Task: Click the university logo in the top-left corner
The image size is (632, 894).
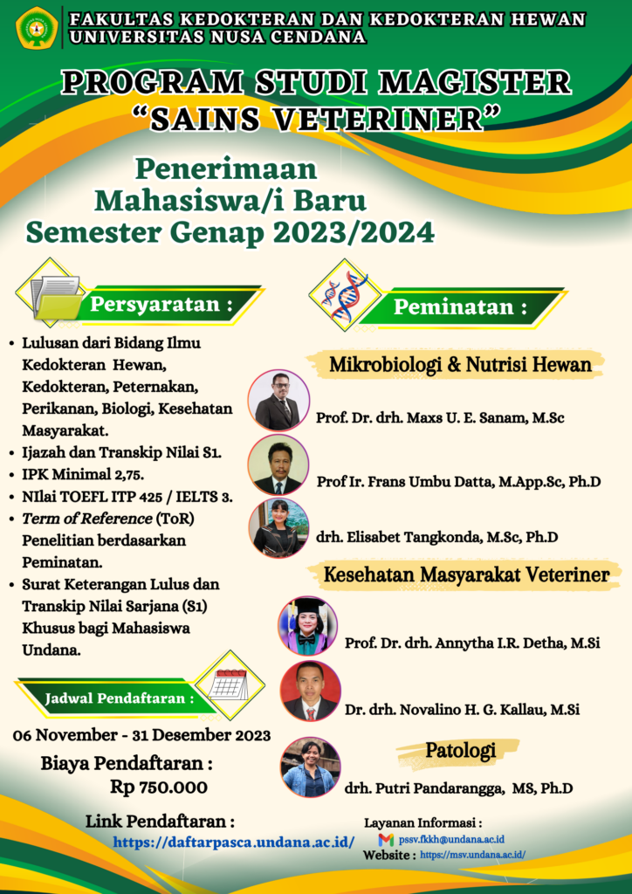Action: [38, 27]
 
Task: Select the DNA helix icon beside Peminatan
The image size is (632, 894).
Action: [343, 294]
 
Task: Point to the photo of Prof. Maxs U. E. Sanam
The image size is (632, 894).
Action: [278, 400]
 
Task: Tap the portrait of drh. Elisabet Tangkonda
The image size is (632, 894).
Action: [278, 527]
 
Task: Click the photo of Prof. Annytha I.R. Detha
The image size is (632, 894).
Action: [307, 626]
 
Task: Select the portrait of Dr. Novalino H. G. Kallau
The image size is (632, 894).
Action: [311, 691]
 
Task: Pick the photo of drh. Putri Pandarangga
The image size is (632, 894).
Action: [311, 767]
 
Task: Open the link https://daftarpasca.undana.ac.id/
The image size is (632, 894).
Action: [233, 842]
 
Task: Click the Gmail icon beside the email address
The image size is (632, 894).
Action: [386, 839]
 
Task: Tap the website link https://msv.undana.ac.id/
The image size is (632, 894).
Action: [472, 856]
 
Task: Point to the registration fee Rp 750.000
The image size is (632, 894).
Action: [159, 787]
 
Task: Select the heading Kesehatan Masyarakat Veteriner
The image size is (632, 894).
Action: [466, 574]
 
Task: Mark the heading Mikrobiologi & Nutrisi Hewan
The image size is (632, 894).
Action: [460, 364]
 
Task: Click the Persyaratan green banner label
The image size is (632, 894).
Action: [162, 305]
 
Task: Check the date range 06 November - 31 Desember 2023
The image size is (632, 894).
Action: [141, 734]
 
